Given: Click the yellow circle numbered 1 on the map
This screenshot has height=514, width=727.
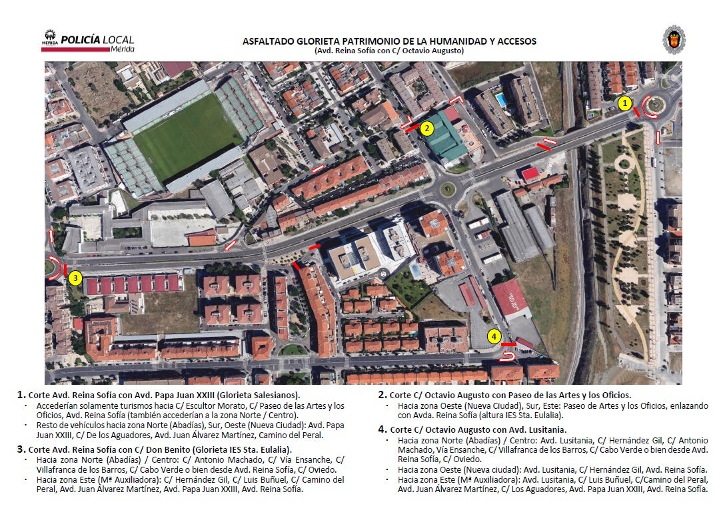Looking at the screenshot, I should [x=624, y=103].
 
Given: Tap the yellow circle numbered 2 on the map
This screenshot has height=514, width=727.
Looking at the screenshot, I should [x=427, y=127].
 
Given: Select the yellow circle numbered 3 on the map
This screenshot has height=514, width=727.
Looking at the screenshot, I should [x=75, y=278].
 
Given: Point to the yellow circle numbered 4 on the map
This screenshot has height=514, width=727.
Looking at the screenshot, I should [x=494, y=336].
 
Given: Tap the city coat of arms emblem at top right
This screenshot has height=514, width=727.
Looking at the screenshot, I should [x=674, y=40].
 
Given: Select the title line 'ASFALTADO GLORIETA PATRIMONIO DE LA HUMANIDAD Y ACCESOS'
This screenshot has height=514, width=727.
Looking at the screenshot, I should [x=389, y=41].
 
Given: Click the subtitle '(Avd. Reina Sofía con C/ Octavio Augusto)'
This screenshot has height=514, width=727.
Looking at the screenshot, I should [x=389, y=51].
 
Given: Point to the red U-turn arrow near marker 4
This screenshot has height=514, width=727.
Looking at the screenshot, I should [x=508, y=358].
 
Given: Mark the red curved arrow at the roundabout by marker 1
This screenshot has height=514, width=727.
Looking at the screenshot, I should [x=649, y=106].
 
